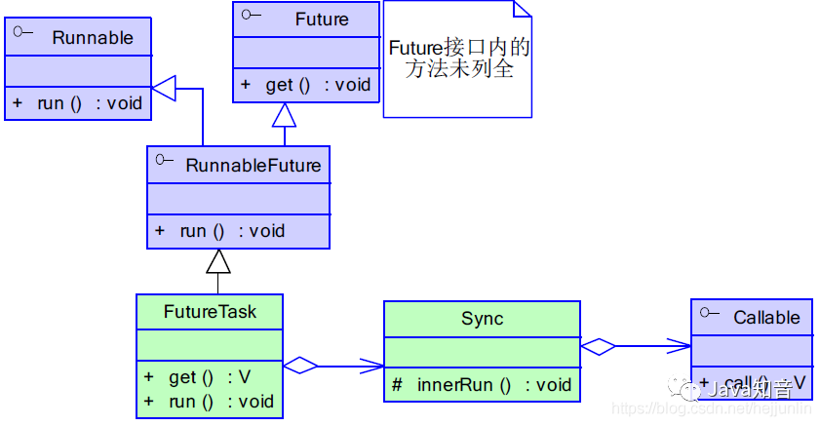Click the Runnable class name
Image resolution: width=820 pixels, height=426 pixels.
(93, 38)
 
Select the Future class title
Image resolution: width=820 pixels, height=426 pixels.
(321, 19)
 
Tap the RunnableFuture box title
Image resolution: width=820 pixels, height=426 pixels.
(253, 165)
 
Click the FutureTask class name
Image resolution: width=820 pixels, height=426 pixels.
(210, 312)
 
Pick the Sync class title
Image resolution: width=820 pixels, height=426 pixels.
(482, 319)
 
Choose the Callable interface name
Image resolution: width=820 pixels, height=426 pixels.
(766, 318)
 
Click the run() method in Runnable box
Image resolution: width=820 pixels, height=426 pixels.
(78, 103)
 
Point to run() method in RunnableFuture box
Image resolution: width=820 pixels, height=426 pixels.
(220, 231)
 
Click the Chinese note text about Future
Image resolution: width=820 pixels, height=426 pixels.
(458, 58)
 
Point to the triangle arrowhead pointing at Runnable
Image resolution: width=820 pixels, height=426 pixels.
(163, 89)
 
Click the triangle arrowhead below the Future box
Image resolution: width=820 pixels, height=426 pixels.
(284, 115)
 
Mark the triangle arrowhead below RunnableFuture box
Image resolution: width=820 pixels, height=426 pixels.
(218, 260)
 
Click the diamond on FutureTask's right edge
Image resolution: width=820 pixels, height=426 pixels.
(300, 366)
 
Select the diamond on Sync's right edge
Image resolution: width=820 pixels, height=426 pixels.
(598, 345)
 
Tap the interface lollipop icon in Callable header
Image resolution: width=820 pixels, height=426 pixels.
(708, 315)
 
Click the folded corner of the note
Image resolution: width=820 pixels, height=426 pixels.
(522, 9)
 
